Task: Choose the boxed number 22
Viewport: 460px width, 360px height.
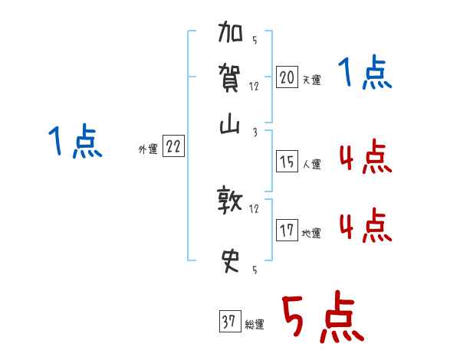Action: (173, 148)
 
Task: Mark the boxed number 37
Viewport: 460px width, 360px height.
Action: (229, 322)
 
